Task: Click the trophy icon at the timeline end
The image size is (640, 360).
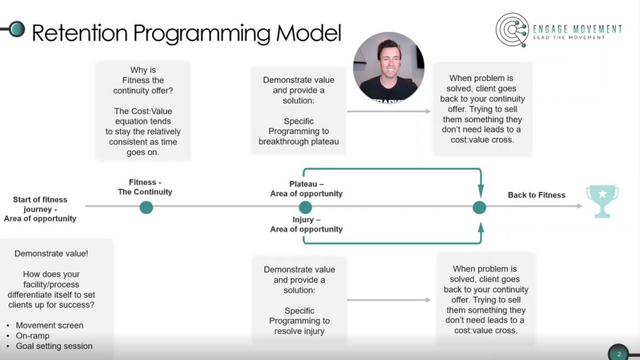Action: click(602, 200)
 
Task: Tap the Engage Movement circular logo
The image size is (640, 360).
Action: click(512, 29)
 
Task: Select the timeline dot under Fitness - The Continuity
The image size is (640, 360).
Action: click(146, 207)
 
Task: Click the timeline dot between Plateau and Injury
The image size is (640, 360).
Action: click(305, 207)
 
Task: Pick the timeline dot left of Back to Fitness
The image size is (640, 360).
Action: click(479, 207)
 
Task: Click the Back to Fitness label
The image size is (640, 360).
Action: click(536, 195)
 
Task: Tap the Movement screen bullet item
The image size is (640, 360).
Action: click(49, 325)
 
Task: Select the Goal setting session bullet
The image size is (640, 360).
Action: click(54, 346)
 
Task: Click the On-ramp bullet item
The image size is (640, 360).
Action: click(32, 335)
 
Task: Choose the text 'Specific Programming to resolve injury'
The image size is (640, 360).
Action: click(299, 321)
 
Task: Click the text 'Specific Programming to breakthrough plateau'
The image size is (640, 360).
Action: click(298, 131)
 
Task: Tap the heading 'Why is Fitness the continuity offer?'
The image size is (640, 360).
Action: click(143, 80)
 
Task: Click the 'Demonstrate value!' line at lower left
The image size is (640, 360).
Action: click(51, 253)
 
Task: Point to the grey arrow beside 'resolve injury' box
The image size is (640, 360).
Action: click(388, 300)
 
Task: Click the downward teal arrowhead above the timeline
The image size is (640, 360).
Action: click(480, 190)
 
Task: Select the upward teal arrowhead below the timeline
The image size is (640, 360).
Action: click(480, 228)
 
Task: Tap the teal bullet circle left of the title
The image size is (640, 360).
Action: click(16, 29)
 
